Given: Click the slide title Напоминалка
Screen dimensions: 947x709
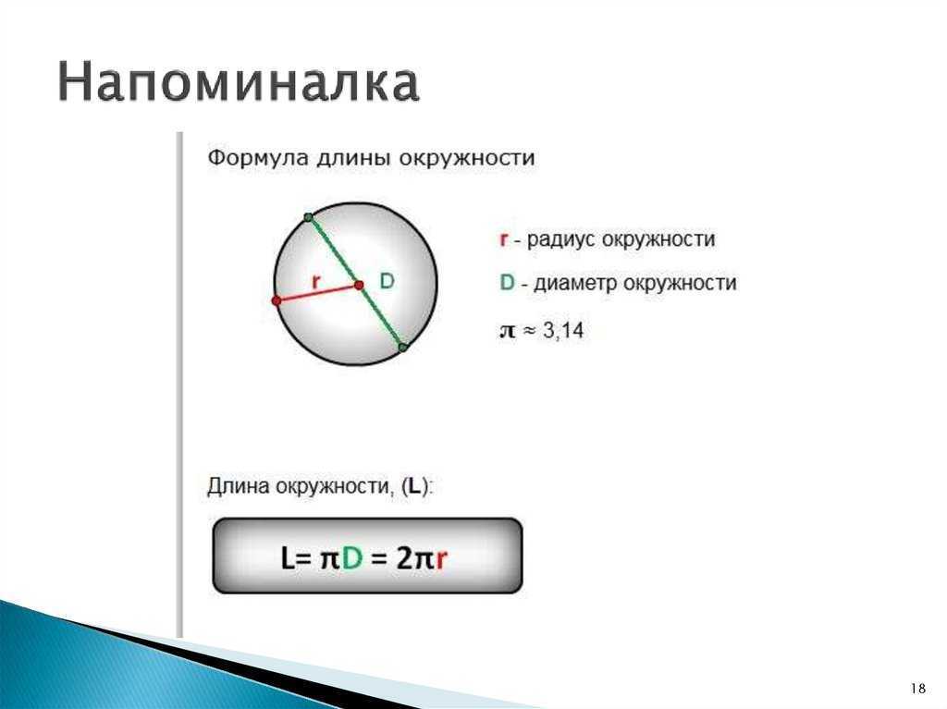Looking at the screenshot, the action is click(x=239, y=81).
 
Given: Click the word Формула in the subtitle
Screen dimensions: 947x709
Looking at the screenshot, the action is click(x=259, y=159).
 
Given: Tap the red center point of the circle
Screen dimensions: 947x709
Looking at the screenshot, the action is click(x=359, y=285).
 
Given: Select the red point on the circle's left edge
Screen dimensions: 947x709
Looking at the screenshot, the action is click(x=277, y=300).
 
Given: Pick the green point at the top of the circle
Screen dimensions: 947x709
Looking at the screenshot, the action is click(x=308, y=217).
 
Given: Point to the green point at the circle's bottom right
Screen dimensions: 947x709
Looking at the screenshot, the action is click(x=403, y=348).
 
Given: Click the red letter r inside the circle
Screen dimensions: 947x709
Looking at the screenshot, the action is click(x=315, y=281).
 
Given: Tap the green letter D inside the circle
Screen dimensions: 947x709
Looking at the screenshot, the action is click(x=387, y=280).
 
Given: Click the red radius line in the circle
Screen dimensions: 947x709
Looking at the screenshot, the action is click(x=318, y=293).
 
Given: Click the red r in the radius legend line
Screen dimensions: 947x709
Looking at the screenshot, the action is click(x=504, y=239).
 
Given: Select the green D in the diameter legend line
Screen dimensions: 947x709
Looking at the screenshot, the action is click(x=507, y=283).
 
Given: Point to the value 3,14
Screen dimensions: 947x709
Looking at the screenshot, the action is click(x=563, y=330).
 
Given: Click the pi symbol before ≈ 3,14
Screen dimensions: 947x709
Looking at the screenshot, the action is click(x=508, y=332).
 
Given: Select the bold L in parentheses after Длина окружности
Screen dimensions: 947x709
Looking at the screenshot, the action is click(x=413, y=486).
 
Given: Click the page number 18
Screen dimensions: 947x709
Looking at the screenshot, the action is click(x=918, y=688).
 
